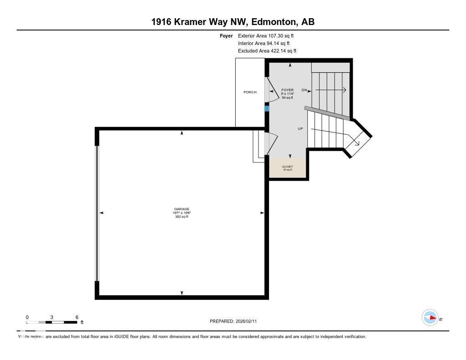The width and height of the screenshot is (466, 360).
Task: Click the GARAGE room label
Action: pos(182,209)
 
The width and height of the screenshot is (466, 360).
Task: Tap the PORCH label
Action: pos(250,92)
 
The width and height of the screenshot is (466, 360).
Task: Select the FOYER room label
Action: pos(287,90)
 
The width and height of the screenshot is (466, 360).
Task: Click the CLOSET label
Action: pos(287,167)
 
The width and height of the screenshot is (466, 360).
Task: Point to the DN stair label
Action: pos(304,90)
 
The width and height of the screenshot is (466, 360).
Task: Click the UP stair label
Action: pos(300,129)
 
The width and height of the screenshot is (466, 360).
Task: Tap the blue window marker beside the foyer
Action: pos(267,108)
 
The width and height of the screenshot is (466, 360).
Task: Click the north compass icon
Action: pos(430,318)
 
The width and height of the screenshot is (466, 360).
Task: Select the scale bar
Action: pos(51,322)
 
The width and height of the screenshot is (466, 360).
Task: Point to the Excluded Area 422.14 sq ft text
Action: pos(267,51)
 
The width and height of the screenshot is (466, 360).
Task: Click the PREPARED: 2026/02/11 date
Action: pos(236,321)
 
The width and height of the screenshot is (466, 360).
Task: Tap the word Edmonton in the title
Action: pos(273,22)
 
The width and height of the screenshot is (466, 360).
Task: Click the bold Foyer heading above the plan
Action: pos(226,35)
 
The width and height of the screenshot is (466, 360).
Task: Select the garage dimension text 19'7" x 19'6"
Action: pos(182,213)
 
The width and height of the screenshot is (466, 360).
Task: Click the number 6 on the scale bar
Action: pos(77,317)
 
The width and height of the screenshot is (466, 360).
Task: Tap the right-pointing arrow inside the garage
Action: pos(262,213)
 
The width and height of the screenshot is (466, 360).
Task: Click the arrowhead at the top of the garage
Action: pos(182,133)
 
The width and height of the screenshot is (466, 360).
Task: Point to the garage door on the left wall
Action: pos(96,213)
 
